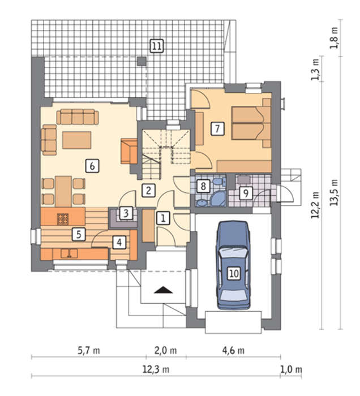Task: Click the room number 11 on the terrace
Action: pos(157,46)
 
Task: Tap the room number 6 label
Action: pos(92,166)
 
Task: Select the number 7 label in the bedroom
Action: pos(217,128)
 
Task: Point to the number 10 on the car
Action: pos(234,273)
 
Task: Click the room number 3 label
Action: pos(126,213)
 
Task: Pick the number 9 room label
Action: pos(246,193)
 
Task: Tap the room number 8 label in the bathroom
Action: pos(203,186)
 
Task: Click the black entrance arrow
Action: pos(164,290)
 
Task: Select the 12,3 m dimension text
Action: pos(156,370)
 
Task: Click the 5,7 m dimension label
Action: pos(89,351)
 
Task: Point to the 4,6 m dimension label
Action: pos(233,351)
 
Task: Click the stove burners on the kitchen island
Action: pos(63,219)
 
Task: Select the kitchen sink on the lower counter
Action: pos(69,253)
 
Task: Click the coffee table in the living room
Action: pos(77,140)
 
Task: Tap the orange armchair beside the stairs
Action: pos(129,151)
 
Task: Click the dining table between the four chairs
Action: pos(63,191)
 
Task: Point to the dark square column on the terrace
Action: pos(142,61)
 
